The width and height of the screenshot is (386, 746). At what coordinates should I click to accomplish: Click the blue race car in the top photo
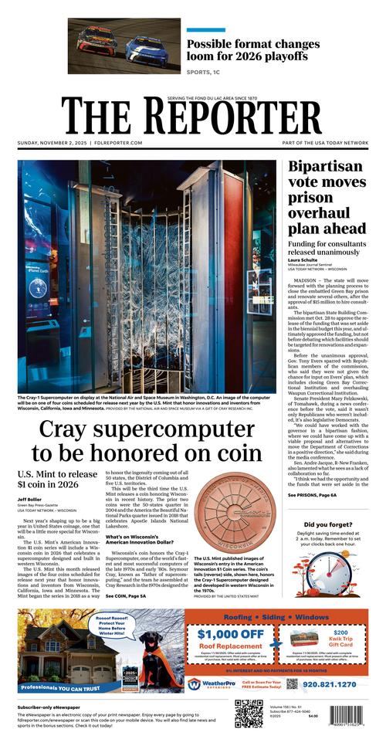coord(147,49)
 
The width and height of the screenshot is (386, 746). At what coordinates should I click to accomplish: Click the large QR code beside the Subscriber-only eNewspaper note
coord(248,715)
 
